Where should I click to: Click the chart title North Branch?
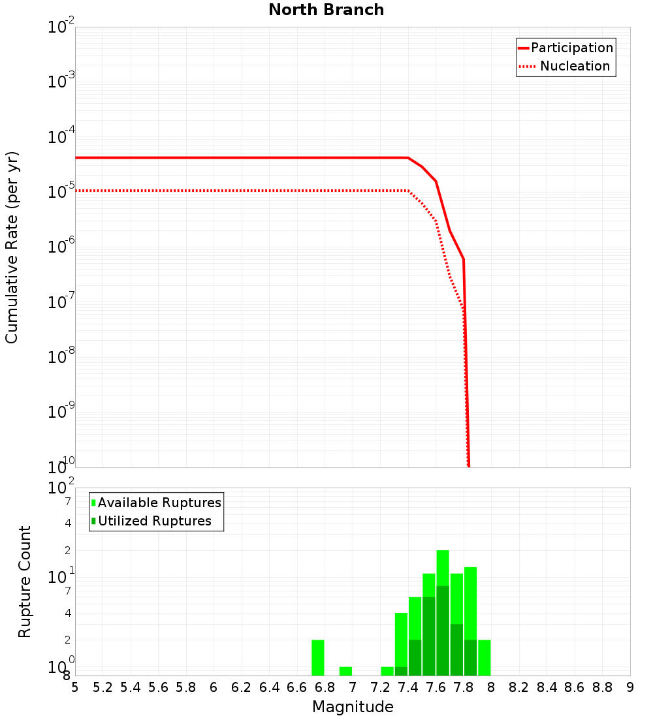[x=326, y=10]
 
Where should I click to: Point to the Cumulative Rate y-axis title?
[x=12, y=247]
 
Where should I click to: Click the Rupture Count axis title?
[x=25, y=582]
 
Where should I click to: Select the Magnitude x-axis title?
[x=353, y=707]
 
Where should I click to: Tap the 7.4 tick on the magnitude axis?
[x=408, y=687]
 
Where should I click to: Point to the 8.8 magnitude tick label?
[x=602, y=687]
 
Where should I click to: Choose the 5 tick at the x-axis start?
[x=75, y=687]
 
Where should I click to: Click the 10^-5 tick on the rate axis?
[x=61, y=192]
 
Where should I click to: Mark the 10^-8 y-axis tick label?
[x=61, y=357]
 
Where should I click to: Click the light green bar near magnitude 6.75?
[x=318, y=657]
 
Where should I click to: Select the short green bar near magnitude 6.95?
[x=345, y=671]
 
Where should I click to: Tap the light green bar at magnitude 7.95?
[x=484, y=657]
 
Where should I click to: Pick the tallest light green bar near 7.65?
[x=443, y=568]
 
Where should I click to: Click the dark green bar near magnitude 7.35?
[x=401, y=671]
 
